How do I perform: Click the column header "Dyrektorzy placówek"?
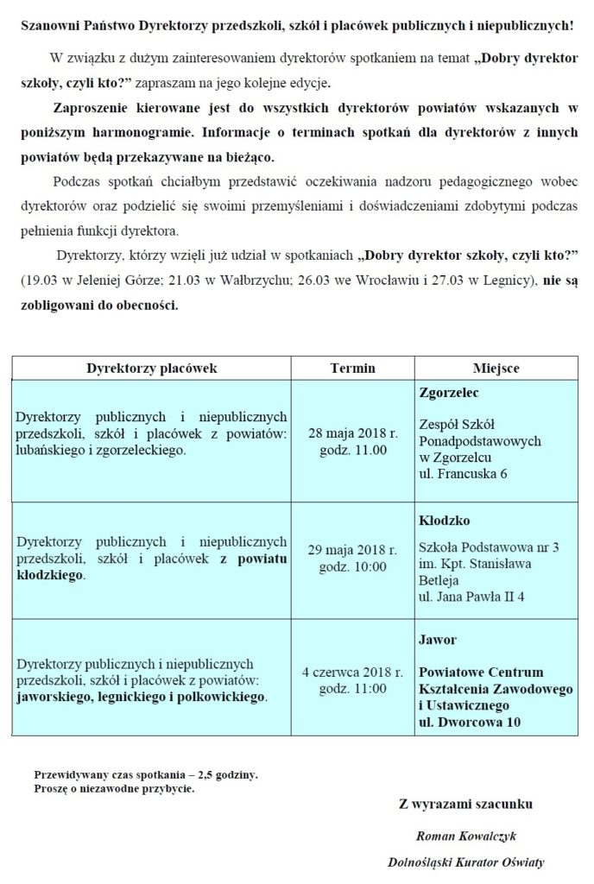[x=151, y=368]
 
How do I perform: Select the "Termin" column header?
[x=353, y=368]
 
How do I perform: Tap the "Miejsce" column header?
[x=496, y=368]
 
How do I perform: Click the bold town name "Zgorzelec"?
[x=448, y=391]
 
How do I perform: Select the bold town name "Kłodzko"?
[x=444, y=521]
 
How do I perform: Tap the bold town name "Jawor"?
[x=437, y=640]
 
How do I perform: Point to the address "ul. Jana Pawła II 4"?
[x=471, y=596]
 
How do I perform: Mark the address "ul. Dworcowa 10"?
[x=469, y=722]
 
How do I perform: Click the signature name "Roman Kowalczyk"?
[x=466, y=836]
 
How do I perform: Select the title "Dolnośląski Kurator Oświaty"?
[x=466, y=862]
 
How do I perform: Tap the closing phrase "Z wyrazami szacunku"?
[x=465, y=805]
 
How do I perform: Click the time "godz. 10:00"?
[x=353, y=567]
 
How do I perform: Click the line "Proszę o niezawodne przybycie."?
[x=114, y=788]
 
